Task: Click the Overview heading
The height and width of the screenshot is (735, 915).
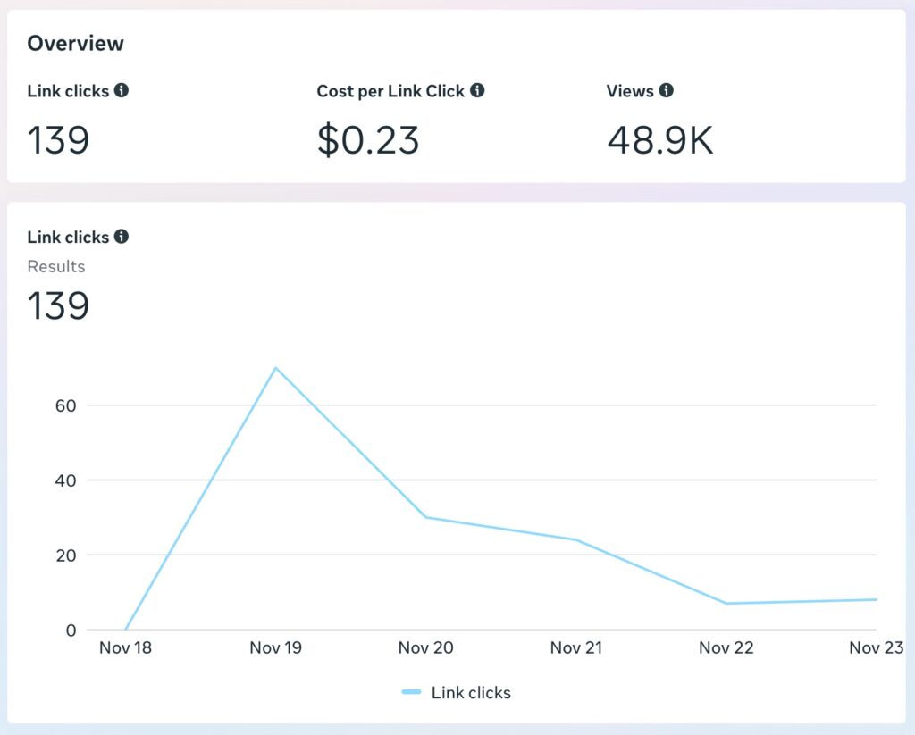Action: pos(75,43)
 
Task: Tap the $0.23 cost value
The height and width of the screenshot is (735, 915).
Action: pos(368,140)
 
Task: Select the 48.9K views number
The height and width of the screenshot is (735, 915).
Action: pos(659,140)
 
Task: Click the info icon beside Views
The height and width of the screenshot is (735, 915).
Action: pos(667,90)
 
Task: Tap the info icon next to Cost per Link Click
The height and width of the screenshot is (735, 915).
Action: pos(477,90)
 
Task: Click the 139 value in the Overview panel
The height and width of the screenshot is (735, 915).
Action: pos(58,140)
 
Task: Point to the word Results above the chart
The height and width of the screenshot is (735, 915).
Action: pos(56,266)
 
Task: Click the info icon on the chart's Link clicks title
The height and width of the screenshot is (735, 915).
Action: pos(122,237)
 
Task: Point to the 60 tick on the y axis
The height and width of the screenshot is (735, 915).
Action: pos(66,405)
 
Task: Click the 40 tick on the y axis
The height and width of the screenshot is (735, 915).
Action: pos(66,480)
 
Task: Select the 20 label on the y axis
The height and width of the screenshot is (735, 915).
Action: pos(66,555)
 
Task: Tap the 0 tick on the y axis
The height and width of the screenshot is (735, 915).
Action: pos(71,631)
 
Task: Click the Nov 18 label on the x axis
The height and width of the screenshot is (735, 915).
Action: pos(125,648)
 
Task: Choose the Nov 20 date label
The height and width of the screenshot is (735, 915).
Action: pos(426,648)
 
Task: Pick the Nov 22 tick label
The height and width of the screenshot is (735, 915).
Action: pos(726,648)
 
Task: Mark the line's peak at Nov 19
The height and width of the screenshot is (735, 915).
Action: pos(276,367)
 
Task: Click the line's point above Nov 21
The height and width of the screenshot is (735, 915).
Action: pos(576,539)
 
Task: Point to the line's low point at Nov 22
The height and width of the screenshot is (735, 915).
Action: pos(726,604)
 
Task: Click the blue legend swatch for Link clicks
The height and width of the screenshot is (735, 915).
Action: pos(412,692)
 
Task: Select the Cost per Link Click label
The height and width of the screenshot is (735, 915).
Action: pos(390,90)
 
